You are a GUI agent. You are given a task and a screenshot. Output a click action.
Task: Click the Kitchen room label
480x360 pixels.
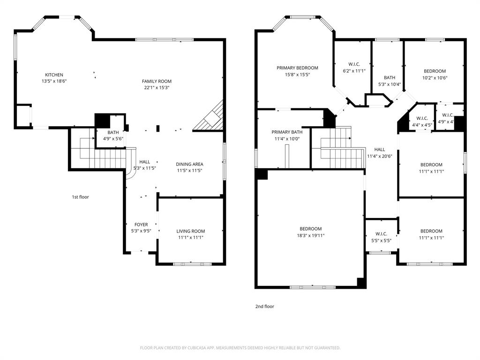(54, 75)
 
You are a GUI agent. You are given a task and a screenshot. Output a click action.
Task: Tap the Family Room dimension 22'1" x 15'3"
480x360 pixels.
(157, 88)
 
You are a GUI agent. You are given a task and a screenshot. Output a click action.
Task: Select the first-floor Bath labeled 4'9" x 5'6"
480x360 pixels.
(112, 135)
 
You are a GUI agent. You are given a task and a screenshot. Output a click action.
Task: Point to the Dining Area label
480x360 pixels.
(189, 164)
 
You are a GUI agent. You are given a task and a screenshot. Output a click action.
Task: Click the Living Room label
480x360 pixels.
(190, 231)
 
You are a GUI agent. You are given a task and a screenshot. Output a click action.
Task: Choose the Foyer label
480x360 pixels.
(141, 225)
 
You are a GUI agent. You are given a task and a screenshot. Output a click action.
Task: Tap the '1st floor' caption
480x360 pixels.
(80, 197)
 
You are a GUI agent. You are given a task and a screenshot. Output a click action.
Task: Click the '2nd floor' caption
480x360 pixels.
(264, 307)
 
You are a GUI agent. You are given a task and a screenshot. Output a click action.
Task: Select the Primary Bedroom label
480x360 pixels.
(297, 68)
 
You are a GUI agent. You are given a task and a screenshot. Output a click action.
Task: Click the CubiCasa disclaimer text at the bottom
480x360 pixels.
(240, 348)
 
